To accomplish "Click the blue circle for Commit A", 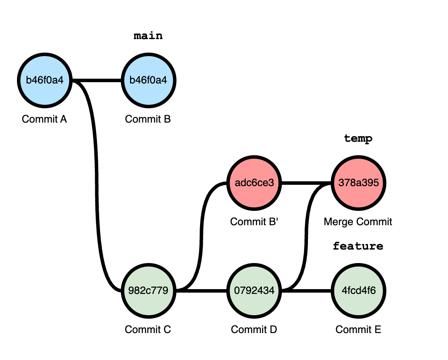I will pos(44,80).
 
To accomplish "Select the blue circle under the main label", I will pos(148,80).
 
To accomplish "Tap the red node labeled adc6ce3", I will pos(254,183).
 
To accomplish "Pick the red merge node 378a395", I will pos(358,183).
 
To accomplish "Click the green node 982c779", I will pos(148,290).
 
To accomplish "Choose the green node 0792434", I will pos(254,290).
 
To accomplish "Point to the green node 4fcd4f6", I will pos(358,290).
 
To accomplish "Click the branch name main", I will pos(148,36).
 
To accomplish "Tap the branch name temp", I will pos(358,139).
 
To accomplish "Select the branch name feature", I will pos(358,246).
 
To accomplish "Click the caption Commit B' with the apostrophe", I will pos(254,222).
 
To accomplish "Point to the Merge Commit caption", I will pos(358,222).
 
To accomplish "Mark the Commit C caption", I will pos(148,330).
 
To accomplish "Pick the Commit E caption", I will pos(358,330).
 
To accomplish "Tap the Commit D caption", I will pos(254,330).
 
